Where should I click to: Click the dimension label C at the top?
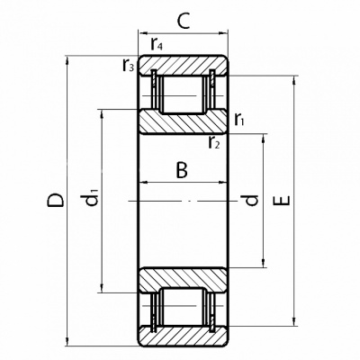pos(184,22)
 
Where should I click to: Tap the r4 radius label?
pos(157,44)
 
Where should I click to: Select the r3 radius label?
pos(128,65)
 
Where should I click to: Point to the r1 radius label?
pos(239,120)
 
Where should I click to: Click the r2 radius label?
pos(214,143)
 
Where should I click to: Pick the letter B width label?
pos(182,170)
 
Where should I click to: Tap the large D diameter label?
pos(56,201)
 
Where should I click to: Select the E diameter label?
pos(283,201)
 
